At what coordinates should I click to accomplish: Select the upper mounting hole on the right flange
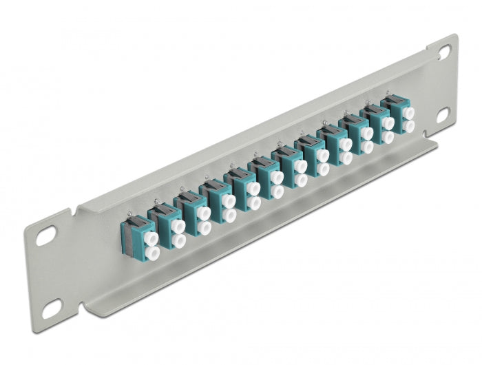443,51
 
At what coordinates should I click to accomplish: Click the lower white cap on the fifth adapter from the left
253,200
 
